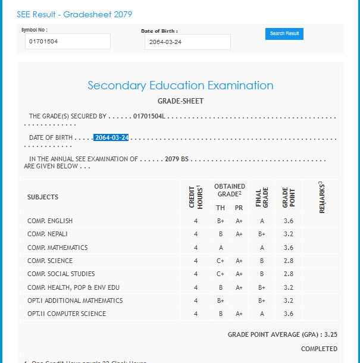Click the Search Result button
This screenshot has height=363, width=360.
point(284,34)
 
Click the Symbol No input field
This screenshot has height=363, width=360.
point(68,42)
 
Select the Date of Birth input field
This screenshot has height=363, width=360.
point(187,42)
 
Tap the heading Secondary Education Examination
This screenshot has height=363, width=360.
point(180,85)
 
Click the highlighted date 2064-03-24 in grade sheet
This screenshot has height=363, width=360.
point(111,137)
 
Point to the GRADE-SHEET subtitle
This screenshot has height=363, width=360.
point(180,101)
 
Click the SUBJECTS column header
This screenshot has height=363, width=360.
point(43,197)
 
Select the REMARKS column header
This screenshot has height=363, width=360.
point(321,196)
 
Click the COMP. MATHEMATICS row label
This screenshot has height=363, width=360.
point(57,248)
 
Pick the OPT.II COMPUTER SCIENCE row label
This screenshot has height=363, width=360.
point(67,314)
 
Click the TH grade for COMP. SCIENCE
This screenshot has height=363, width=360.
point(220,261)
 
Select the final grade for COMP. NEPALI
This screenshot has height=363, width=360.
point(262,234)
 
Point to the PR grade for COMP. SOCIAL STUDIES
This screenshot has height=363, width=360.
point(239,274)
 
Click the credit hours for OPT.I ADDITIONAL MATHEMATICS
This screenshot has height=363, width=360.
point(195,301)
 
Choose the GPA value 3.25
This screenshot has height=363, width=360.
point(331,335)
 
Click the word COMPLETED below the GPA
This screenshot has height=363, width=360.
point(319,349)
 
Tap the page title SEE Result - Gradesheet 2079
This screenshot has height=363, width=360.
point(74,14)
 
